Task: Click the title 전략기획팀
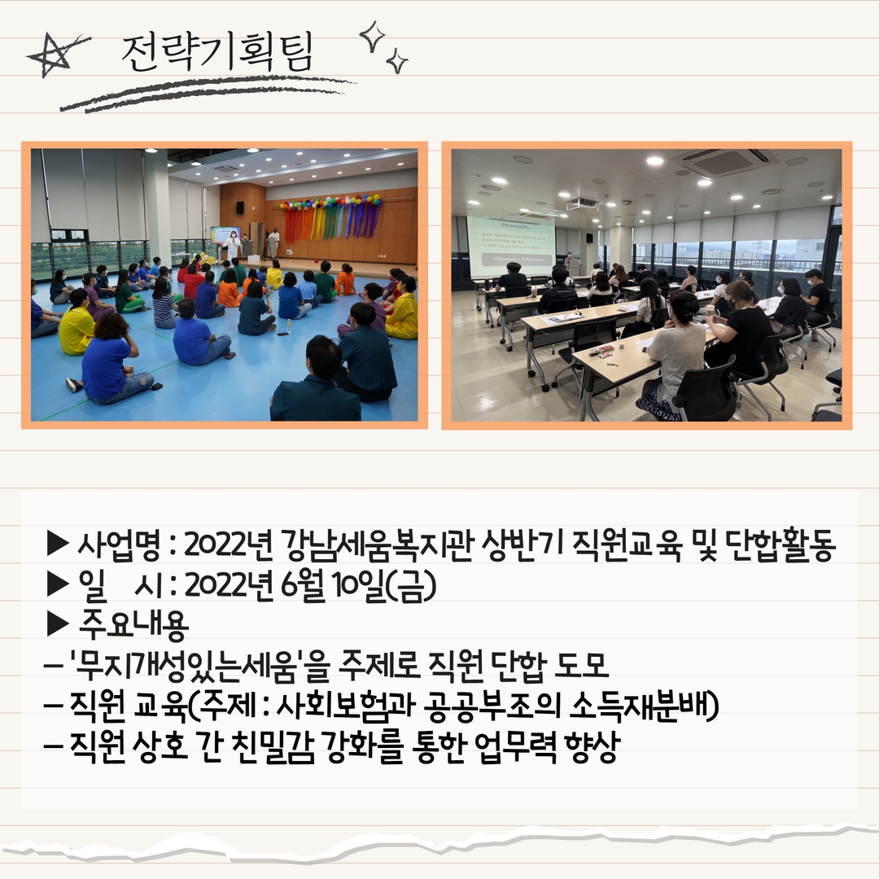click(x=217, y=52)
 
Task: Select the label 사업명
click(x=120, y=544)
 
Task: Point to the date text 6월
click(x=304, y=585)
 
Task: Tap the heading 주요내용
click(x=133, y=625)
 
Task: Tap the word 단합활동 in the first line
click(x=781, y=544)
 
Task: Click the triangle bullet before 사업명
click(x=58, y=544)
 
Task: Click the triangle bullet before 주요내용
click(x=58, y=624)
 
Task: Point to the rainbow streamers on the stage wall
click(x=332, y=219)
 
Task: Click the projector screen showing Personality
click(x=510, y=247)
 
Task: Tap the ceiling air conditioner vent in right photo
click(x=724, y=161)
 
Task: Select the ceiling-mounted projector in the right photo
click(x=581, y=203)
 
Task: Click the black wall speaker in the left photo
click(x=240, y=208)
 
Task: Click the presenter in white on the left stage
click(x=232, y=246)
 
